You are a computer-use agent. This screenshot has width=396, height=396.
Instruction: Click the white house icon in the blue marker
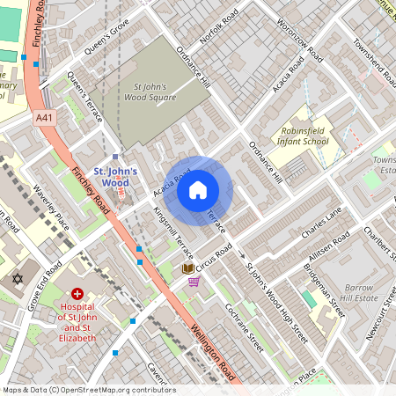click(198, 189)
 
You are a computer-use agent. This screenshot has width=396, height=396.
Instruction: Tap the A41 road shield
click(45, 117)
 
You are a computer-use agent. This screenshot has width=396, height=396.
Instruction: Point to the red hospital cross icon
click(77, 293)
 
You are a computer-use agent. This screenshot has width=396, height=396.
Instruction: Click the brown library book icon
click(187, 268)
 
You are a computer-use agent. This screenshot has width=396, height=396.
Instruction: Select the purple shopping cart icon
click(194, 282)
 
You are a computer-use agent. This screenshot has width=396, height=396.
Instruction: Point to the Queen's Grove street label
click(106, 38)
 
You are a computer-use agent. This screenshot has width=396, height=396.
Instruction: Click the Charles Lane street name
click(320, 224)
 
